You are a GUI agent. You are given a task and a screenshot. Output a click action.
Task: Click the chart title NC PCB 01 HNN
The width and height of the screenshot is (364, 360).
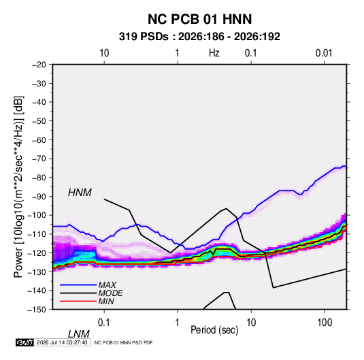pyautogui.click(x=199, y=19)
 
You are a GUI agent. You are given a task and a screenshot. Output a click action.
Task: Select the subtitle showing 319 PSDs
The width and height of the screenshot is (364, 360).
pyautogui.click(x=199, y=37)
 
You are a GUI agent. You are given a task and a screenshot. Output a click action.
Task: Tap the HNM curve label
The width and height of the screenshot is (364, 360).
pyautogui.click(x=80, y=193)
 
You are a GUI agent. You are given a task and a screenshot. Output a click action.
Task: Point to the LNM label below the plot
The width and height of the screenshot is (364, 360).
pyautogui.click(x=79, y=334)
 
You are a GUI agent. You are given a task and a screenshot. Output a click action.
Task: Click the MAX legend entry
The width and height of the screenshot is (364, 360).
pyautogui.click(x=107, y=284)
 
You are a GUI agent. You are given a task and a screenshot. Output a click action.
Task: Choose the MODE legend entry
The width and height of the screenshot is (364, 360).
pyautogui.click(x=110, y=293)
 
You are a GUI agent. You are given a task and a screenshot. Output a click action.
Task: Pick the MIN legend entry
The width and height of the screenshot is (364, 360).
pyautogui.click(x=106, y=301)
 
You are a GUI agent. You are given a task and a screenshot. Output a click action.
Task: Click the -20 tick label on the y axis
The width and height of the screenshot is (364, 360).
pyautogui.click(x=39, y=65)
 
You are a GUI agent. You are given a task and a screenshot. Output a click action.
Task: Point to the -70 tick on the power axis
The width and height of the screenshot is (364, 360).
pyautogui.click(x=39, y=159)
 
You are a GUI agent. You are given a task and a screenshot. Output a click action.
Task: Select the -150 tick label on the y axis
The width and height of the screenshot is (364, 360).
pyautogui.click(x=37, y=310)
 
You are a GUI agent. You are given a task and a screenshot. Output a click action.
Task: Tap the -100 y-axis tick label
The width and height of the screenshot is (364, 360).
pyautogui.click(x=37, y=215)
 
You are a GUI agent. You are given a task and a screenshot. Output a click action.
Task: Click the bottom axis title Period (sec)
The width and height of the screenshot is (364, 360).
pyautogui.click(x=214, y=330)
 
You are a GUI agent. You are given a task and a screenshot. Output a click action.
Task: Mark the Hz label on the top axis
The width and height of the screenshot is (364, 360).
pyautogui.click(x=214, y=53)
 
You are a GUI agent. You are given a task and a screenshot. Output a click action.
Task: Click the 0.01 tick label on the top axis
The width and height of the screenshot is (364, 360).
pyautogui.click(x=324, y=53)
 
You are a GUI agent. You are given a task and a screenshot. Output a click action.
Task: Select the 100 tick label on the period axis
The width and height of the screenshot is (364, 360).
pyautogui.click(x=325, y=323)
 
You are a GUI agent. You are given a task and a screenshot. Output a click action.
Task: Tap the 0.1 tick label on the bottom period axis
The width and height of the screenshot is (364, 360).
pyautogui.click(x=104, y=323)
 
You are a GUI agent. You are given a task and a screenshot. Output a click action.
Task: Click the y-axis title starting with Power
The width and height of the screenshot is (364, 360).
pyautogui.click(x=18, y=187)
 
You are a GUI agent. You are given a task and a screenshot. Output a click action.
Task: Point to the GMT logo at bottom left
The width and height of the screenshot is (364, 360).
pyautogui.click(x=25, y=342)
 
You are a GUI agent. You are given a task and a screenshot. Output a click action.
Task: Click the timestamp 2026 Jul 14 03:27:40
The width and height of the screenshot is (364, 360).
pyautogui.click(x=62, y=342)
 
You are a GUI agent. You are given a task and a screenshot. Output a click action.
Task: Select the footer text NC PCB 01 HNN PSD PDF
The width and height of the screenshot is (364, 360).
pyautogui.click(x=124, y=342)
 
